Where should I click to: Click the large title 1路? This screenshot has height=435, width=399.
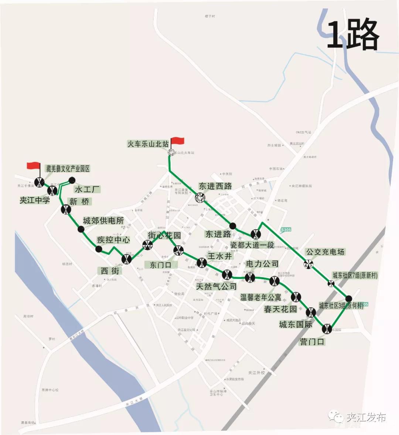353,35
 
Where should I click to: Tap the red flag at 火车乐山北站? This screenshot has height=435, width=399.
178,141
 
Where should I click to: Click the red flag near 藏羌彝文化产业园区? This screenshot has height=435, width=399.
33,165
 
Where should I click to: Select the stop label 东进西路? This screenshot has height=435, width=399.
215,186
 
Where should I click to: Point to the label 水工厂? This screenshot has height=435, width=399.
87,189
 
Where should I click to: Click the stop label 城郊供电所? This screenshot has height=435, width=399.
103,221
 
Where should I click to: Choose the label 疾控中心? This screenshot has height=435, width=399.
113,240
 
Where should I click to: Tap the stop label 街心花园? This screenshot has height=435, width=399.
164,235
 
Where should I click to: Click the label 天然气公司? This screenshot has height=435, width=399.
216,286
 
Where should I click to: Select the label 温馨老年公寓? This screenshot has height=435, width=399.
260,297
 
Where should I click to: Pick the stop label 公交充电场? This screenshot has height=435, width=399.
325,252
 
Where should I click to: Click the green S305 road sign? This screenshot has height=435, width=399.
286,230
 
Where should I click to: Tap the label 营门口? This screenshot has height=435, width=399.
312,342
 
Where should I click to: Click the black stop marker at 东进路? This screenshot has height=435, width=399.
233,226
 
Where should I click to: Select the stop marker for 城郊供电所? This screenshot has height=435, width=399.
81,229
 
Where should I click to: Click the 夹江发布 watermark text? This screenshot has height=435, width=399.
366,417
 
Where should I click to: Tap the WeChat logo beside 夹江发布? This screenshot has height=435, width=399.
338,417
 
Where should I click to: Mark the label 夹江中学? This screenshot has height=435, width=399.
34,200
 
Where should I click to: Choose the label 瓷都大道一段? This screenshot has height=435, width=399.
252,245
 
